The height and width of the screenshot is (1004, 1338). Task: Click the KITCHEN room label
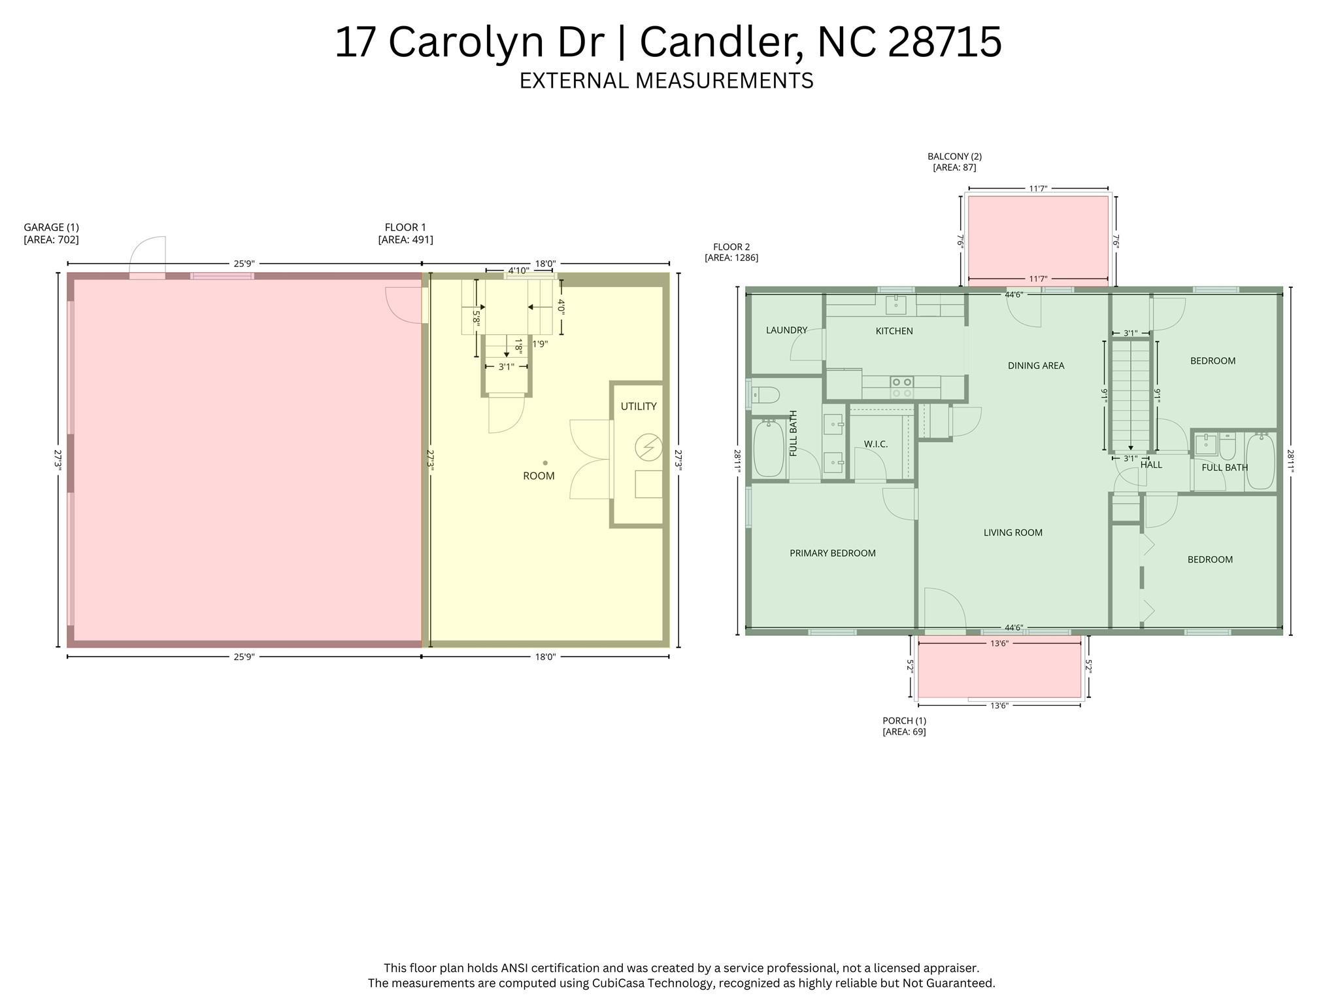point(894,331)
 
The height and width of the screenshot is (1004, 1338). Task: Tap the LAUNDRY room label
point(786,330)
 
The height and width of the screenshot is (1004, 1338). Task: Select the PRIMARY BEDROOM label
point(832,553)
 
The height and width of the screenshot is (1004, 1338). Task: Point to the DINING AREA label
point(1036,366)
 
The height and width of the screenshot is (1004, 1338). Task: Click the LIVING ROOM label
point(1012,533)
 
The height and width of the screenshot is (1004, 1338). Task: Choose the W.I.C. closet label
point(875,444)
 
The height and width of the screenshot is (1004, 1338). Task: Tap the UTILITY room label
point(638,406)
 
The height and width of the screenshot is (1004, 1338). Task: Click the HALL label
point(1151,465)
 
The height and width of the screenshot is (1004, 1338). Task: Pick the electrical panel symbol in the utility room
point(648,448)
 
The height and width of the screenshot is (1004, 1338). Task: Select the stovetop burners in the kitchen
point(901,387)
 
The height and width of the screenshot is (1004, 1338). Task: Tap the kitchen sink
point(895,304)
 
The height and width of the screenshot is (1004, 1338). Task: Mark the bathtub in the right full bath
point(1260,461)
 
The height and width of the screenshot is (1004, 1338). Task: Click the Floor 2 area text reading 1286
point(731,258)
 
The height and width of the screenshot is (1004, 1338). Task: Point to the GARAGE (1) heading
point(51,228)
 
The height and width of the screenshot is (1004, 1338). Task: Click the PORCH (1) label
point(904,721)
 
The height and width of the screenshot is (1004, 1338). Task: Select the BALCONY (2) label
point(954,156)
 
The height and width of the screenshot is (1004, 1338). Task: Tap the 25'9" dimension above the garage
point(244,264)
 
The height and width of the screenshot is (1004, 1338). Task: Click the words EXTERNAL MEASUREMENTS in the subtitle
point(666,80)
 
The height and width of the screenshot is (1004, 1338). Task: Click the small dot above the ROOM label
point(544,462)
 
